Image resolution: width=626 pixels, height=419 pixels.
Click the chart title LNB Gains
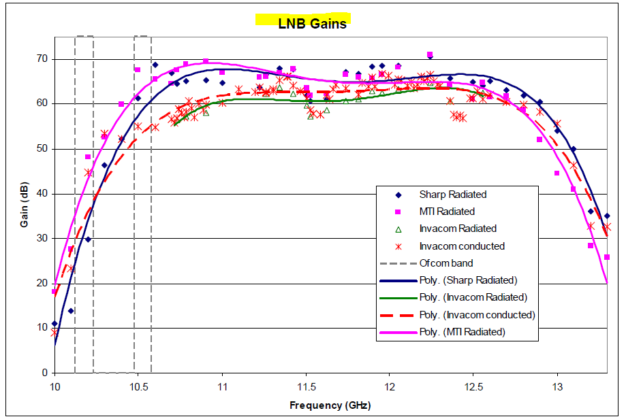pyautogui.click(x=312, y=23)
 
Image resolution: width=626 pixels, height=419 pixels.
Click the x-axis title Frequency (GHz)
pyautogui.click(x=330, y=405)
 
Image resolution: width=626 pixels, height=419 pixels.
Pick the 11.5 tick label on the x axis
pyautogui.click(x=306, y=386)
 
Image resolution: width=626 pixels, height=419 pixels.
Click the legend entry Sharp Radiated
pyautogui.click(x=453, y=195)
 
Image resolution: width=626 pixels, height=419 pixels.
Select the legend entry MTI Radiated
pyautogui.click(x=447, y=212)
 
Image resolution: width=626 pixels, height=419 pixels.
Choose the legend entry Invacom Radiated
pyautogui.click(x=458, y=229)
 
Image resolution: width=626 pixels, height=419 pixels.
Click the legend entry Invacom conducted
pyautogui.click(x=462, y=246)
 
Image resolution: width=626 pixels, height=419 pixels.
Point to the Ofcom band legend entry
pyautogui.click(x=445, y=263)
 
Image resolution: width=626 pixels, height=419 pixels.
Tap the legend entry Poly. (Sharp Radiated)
pyautogui.click(x=467, y=280)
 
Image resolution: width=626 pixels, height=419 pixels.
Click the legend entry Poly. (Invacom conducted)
pyautogui.click(x=477, y=315)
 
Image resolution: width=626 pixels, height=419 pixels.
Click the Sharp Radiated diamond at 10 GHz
pyautogui.click(x=54, y=324)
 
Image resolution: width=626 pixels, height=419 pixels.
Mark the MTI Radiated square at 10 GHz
pyautogui.click(x=54, y=292)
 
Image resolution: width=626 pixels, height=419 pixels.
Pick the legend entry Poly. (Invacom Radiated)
pyautogui.click(x=473, y=297)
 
